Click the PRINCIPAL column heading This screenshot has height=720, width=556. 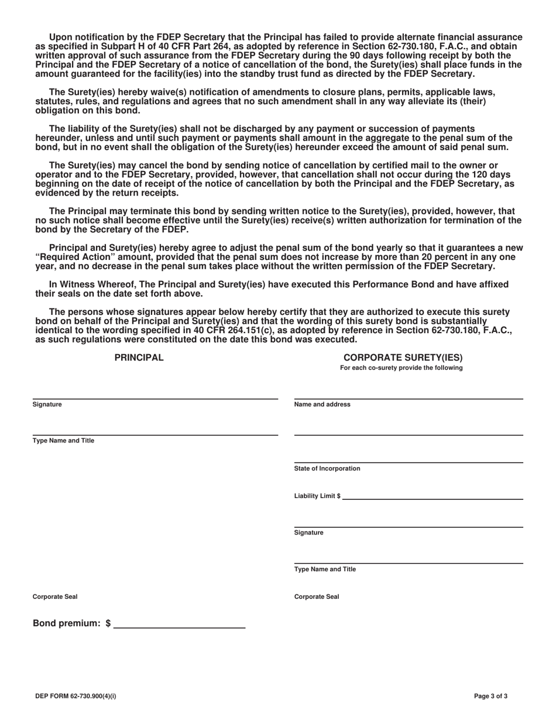pos(139,358)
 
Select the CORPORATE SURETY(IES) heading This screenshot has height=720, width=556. pos(403,358)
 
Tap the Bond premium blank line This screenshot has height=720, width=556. pos(180,624)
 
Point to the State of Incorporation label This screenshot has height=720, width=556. pos(327,469)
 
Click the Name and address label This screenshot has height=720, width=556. pos(322,404)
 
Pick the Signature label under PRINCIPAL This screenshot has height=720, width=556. pos(47,404)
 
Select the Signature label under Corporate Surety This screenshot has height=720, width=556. pos(308,533)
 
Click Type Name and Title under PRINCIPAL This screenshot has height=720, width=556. pos(63,441)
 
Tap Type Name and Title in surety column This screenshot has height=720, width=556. pos(325,570)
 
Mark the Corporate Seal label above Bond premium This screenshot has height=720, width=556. pos(55,597)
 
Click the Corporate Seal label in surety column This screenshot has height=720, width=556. pos(317,597)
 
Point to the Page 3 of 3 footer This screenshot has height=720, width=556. pos(490,697)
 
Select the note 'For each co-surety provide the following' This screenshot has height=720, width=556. pos(401,368)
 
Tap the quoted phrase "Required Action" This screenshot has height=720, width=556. pos(76,257)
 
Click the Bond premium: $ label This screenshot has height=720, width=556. pos(71,624)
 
